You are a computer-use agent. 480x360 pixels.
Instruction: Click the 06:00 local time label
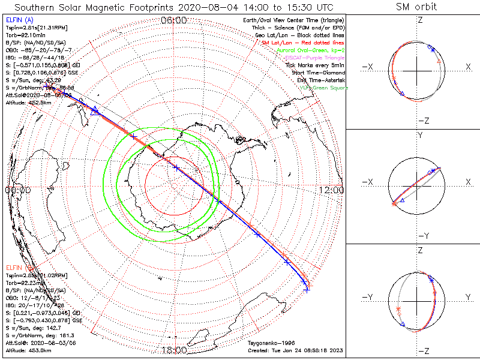tap(174, 20)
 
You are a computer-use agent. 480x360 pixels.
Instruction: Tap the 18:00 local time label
tap(174, 350)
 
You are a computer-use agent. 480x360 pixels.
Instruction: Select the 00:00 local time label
tap(17, 190)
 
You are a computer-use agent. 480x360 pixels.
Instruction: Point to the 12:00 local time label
tap(331, 190)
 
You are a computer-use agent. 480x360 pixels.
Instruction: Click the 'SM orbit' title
tap(416, 7)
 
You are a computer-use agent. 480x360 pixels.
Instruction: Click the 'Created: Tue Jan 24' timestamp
tap(293, 350)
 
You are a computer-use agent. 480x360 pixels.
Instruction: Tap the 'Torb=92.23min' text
tap(25, 282)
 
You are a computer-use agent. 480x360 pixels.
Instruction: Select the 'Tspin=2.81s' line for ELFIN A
tap(37, 28)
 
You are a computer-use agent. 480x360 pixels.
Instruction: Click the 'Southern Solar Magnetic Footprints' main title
tap(173, 7)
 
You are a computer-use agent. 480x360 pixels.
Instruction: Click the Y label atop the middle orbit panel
tap(420, 136)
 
